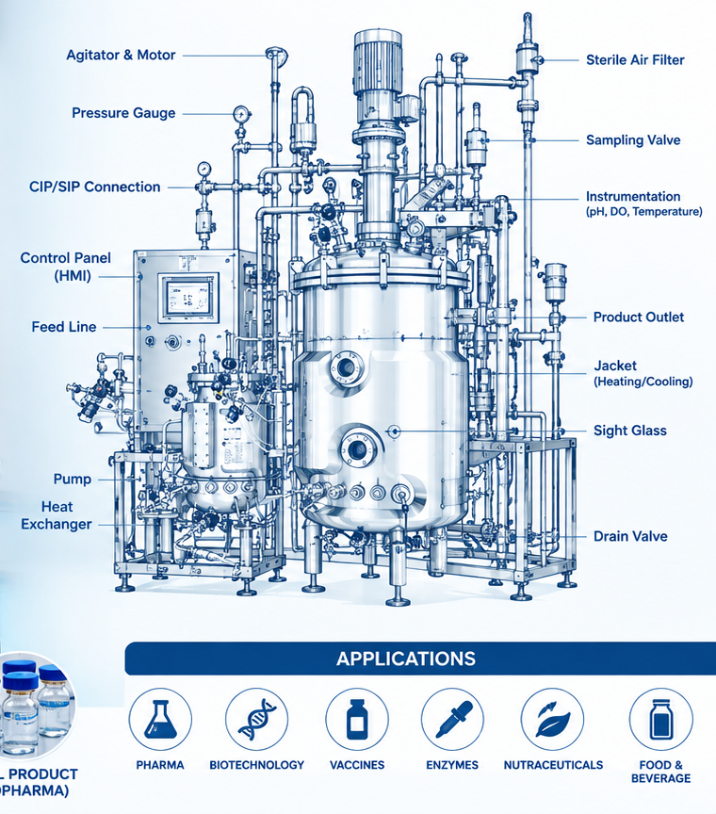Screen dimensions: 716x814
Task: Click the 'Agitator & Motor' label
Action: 121,55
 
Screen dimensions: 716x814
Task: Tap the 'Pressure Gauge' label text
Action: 123,113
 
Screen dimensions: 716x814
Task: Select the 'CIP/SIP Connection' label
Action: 94,187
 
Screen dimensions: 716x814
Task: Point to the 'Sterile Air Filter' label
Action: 635,60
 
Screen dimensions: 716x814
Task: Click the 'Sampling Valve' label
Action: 633,140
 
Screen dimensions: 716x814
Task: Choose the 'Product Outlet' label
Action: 639,317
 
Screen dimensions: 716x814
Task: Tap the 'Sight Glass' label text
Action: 630,431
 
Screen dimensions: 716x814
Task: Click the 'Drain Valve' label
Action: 630,536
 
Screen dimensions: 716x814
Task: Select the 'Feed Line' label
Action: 64,327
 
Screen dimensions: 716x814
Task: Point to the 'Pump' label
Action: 73,480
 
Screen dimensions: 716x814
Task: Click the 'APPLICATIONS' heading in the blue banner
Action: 405,659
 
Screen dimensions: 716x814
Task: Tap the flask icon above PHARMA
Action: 160,719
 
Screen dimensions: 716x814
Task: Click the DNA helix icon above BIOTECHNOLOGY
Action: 257,719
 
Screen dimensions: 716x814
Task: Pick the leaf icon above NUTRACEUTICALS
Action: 552,719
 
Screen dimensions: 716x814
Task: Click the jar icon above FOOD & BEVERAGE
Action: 661,719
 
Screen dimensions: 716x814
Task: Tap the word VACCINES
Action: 357,765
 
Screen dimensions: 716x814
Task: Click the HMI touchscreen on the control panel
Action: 188,297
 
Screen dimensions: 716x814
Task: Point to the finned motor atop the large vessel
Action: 378,63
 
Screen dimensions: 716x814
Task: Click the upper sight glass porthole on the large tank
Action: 347,368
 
